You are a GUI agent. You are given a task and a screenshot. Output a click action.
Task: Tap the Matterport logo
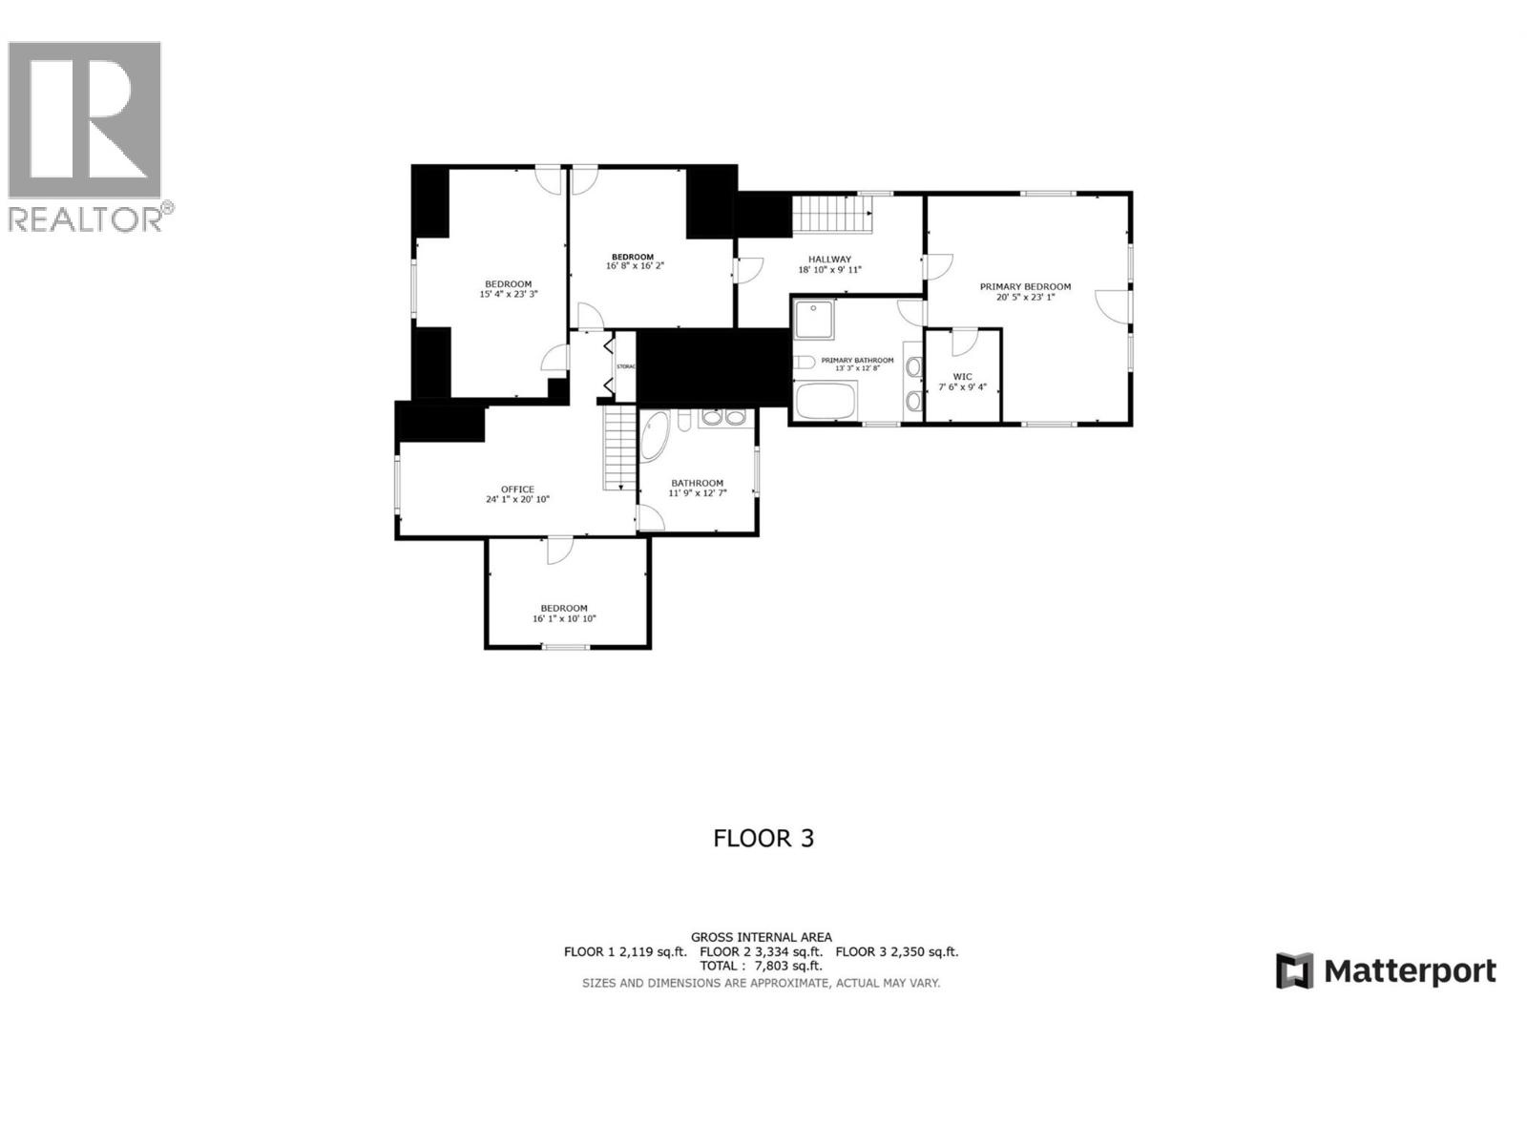click(1386, 971)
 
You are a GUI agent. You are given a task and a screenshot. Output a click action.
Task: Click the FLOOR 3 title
click(763, 839)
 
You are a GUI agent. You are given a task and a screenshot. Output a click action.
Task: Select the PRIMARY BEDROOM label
click(1025, 286)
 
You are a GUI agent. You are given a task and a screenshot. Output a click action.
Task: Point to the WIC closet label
click(962, 376)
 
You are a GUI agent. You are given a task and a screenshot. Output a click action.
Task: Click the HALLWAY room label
click(829, 259)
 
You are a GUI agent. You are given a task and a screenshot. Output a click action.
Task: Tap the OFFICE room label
click(517, 489)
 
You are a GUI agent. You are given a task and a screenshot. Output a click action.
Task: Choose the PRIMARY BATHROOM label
click(857, 360)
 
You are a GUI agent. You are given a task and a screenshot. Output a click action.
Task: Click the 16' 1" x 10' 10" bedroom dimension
click(564, 619)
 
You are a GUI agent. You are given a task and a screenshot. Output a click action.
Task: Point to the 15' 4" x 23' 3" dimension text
click(508, 295)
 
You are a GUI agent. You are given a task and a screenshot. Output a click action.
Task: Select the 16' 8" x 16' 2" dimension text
click(634, 266)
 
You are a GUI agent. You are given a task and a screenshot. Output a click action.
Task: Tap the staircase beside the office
click(619, 448)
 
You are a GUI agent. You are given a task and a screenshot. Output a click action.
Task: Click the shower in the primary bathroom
click(814, 320)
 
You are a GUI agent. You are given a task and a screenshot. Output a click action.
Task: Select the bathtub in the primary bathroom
click(826, 400)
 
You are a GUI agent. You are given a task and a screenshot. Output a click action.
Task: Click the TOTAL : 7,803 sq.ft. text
click(761, 966)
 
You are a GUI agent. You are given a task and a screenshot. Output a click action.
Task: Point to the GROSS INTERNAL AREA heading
click(761, 937)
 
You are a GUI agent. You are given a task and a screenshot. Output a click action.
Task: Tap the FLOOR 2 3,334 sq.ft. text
click(761, 951)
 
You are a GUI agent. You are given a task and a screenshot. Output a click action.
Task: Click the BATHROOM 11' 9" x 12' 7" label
click(697, 488)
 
